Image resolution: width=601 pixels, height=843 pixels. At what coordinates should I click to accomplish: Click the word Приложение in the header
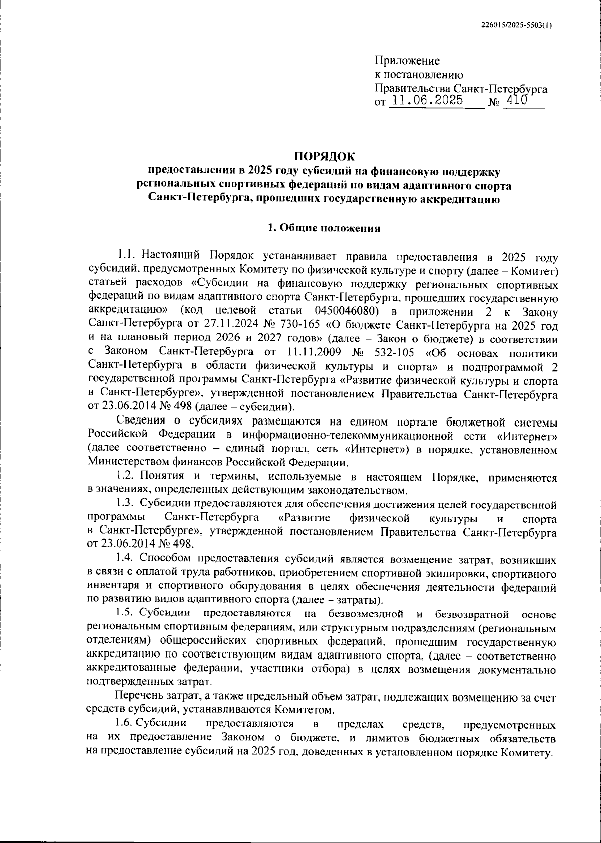[407, 61]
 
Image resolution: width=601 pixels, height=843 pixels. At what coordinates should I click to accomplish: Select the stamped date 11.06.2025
[427, 100]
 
